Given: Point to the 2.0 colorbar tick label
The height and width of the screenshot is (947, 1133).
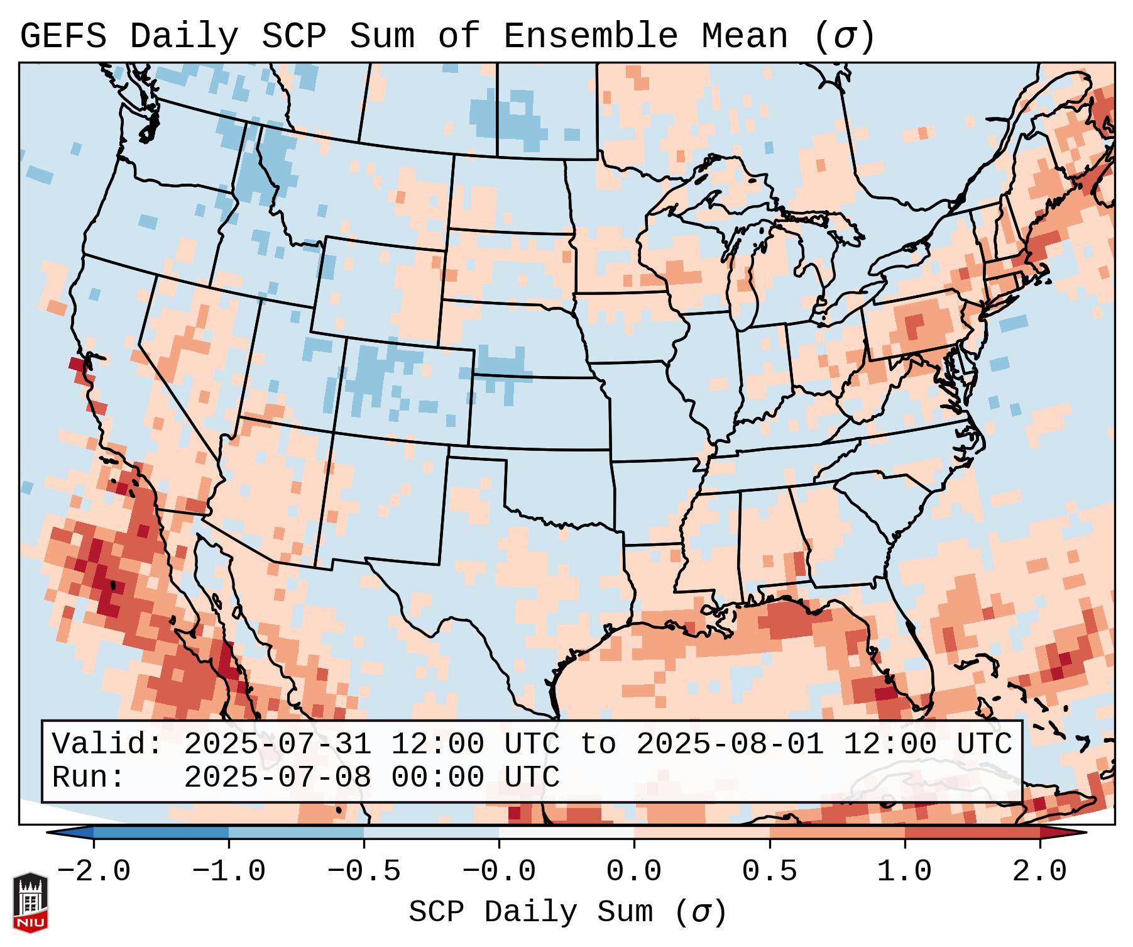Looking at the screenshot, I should pyautogui.click(x=1040, y=871).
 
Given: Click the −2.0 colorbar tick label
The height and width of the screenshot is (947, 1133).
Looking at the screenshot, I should pyautogui.click(x=94, y=871).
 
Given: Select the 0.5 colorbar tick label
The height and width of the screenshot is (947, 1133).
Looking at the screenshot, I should pyautogui.click(x=770, y=871).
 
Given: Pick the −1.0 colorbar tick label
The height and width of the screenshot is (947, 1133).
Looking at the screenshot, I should pyautogui.click(x=229, y=871).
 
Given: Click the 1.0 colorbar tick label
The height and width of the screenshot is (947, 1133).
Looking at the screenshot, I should pyautogui.click(x=905, y=871).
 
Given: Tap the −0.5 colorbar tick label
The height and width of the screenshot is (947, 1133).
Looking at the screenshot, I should pyautogui.click(x=364, y=871).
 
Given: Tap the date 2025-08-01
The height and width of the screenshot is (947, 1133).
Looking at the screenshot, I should pyautogui.click(x=730, y=744).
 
